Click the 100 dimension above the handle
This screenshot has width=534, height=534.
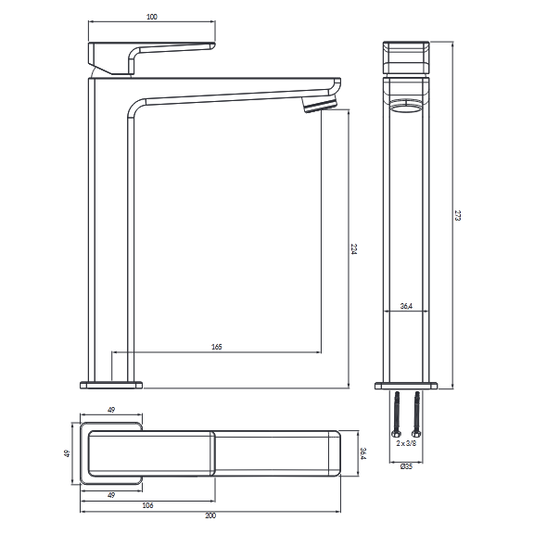pos(151,17)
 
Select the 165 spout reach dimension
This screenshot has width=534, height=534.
pos(217,347)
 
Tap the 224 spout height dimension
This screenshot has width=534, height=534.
pos(354,249)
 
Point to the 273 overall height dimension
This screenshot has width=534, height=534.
pos(458,216)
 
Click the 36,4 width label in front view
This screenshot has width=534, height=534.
pos(406,306)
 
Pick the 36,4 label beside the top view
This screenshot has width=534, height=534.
pos(363,453)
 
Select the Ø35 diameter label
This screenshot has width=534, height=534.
pos(406,466)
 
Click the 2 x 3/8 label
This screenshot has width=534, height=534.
pos(406,443)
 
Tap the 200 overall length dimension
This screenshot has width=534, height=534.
pos(210,515)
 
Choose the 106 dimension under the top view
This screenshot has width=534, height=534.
pos(147,505)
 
